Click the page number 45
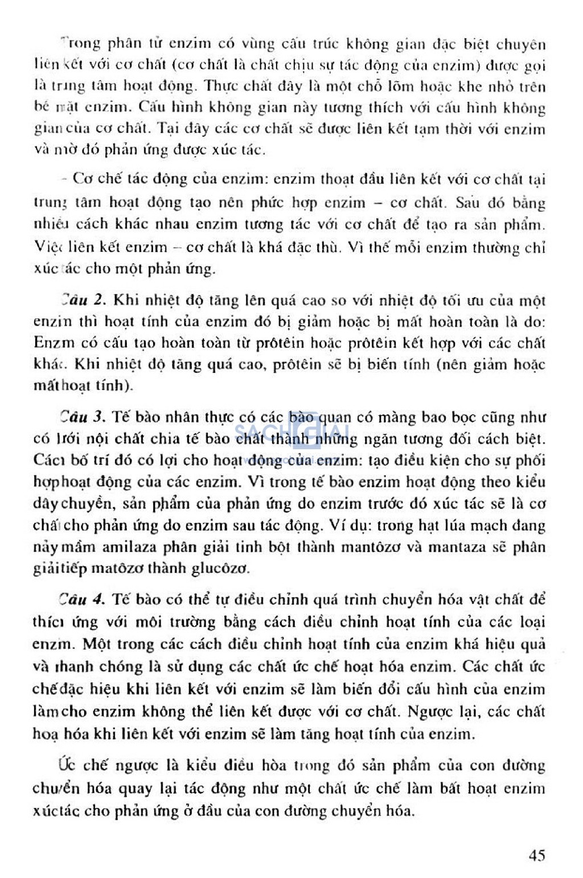[536, 855]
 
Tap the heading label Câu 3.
[82, 417]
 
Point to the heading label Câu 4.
[82, 599]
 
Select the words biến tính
[398, 364]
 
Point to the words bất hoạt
[466, 789]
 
